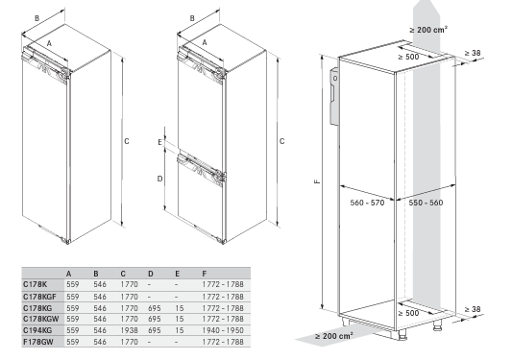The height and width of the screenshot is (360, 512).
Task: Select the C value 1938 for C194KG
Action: (x=129, y=330)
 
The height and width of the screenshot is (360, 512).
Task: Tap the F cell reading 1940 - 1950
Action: (x=223, y=330)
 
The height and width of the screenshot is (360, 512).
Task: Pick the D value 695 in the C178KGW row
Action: (x=154, y=319)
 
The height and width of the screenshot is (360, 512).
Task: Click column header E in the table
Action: (x=178, y=274)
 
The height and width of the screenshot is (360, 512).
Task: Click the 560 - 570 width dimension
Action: (x=367, y=203)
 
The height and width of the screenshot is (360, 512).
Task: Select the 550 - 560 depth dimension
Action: (x=426, y=203)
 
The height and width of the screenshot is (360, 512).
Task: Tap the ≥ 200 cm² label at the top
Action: (x=428, y=30)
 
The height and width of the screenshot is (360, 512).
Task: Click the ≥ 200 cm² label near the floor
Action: (x=333, y=336)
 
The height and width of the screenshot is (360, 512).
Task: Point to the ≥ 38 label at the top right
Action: (x=473, y=53)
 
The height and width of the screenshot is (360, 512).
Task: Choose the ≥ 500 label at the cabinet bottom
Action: (x=408, y=313)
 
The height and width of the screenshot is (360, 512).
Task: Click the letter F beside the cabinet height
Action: (x=317, y=181)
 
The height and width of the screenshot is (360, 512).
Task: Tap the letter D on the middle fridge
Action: (x=159, y=179)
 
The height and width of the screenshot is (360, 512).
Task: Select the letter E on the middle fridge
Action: (x=160, y=142)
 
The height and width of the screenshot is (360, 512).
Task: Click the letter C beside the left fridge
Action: (x=127, y=141)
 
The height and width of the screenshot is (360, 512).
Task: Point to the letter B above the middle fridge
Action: (x=192, y=18)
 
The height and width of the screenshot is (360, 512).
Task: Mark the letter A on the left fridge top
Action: (x=50, y=43)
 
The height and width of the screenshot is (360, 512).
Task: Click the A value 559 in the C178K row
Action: (x=72, y=284)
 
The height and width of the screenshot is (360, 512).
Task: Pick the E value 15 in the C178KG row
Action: (x=180, y=308)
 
